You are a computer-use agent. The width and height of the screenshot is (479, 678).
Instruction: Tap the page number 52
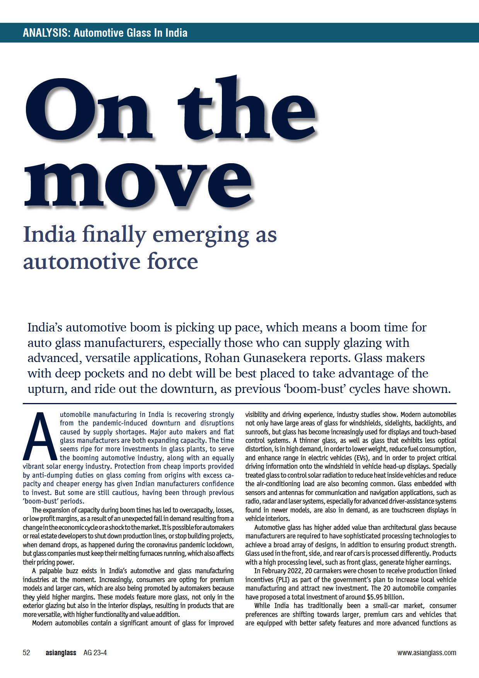[26, 653]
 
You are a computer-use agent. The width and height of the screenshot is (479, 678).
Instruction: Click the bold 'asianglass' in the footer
[61, 653]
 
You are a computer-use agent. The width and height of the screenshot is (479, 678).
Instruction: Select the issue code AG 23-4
[95, 653]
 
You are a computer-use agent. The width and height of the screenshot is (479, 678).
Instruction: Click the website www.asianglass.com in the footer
[426, 653]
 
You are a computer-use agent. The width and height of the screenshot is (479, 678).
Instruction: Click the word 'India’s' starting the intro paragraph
[44, 328]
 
